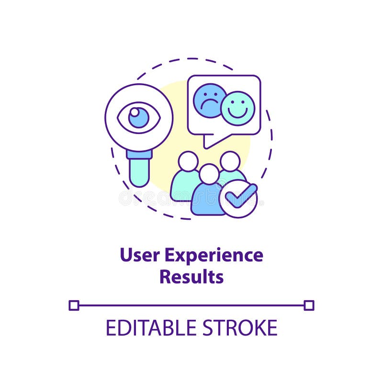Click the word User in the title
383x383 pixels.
coord(140,255)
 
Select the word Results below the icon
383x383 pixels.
coord(191,277)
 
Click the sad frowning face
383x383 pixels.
coord(209,100)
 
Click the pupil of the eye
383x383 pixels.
coord(139,117)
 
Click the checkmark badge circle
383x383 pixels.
coord(238,198)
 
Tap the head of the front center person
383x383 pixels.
coord(209,174)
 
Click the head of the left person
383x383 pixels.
coord(188,161)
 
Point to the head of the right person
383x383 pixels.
coord(230,161)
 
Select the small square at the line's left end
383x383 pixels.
coord(74,305)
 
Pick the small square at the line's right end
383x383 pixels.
coord(309,305)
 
